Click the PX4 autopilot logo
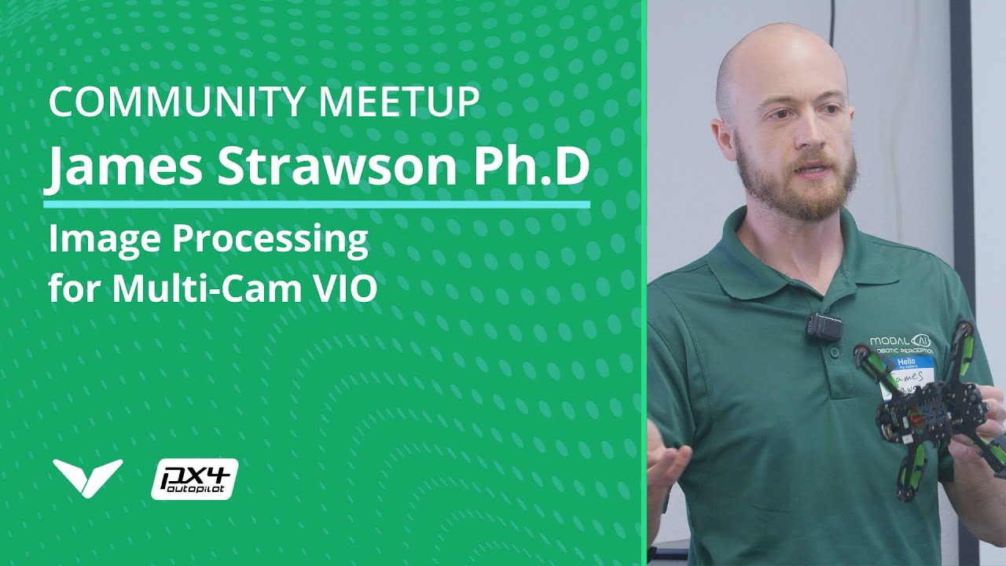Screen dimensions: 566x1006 point(194,478)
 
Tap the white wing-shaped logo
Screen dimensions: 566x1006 point(87,476)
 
